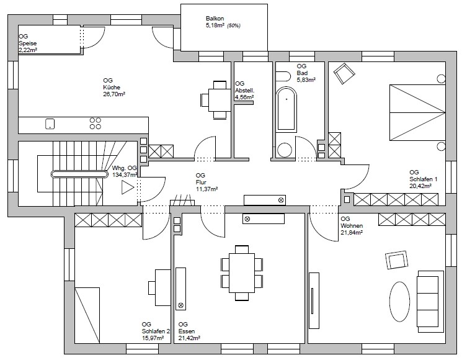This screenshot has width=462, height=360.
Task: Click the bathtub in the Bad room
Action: (x=286, y=109)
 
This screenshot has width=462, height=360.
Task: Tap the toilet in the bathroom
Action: (x=283, y=76)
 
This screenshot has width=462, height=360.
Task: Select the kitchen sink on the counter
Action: (x=50, y=124)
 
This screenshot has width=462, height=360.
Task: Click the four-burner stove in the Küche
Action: (x=95, y=124)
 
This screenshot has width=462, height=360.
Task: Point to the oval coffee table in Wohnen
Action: (x=399, y=302)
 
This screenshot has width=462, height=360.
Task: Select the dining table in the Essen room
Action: (x=242, y=272)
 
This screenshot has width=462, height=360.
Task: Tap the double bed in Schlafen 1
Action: (x=417, y=112)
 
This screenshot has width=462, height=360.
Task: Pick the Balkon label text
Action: (x=215, y=19)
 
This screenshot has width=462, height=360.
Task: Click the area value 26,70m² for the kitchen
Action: (x=114, y=94)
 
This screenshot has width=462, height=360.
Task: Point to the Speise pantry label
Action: (x=28, y=43)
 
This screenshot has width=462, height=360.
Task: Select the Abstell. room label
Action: (x=244, y=91)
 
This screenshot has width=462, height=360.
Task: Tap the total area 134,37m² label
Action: (x=125, y=175)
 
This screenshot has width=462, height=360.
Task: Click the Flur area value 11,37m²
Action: (x=207, y=189)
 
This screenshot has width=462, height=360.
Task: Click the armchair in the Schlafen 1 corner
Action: (x=344, y=73)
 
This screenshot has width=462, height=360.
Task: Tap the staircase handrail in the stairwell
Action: (x=79, y=174)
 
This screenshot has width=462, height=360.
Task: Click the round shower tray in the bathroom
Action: (x=285, y=150)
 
